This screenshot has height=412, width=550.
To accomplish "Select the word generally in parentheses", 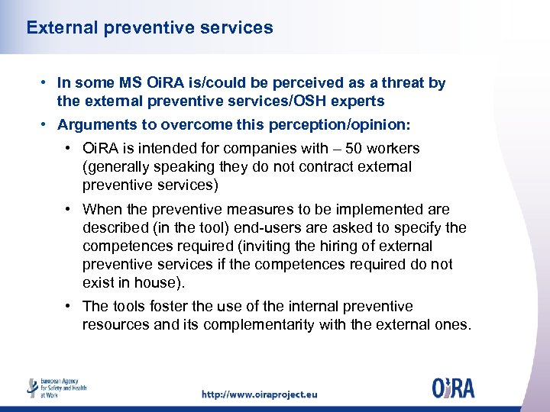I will click(116, 166).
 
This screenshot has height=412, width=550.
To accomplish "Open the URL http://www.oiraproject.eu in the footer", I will click(259, 394).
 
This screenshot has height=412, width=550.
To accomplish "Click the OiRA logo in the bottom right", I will click(453, 388).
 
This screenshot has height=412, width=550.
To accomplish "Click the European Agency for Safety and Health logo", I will click(57, 388).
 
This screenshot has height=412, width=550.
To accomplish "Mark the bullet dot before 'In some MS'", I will click(47, 83).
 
